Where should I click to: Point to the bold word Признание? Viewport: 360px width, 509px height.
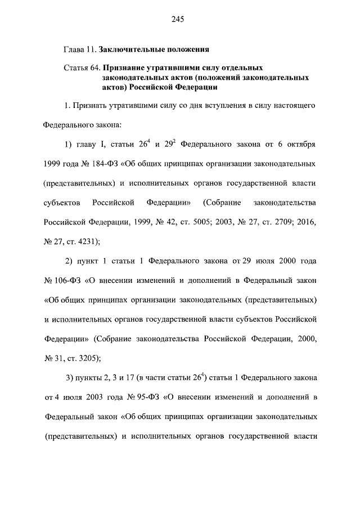click(x=127, y=68)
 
